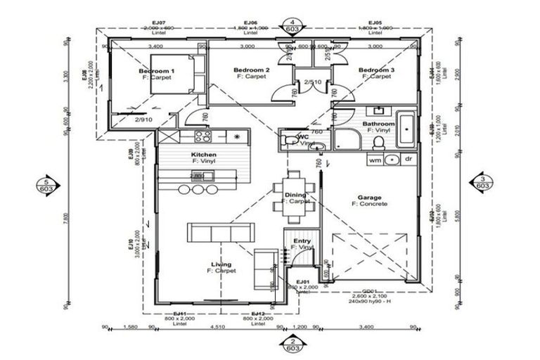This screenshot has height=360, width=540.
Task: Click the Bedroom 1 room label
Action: (x=156, y=72)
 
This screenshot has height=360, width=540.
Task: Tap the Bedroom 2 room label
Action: (x=252, y=70)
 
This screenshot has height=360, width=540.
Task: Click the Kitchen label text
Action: (x=203, y=155)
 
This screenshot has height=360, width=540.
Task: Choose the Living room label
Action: (x=221, y=265)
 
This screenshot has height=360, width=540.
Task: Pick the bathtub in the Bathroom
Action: (x=406, y=130)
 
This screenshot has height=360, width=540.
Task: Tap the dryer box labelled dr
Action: (x=407, y=160)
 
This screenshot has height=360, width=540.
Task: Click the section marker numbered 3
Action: (x=482, y=181)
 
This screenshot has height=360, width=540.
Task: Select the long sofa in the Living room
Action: (x=221, y=232)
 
